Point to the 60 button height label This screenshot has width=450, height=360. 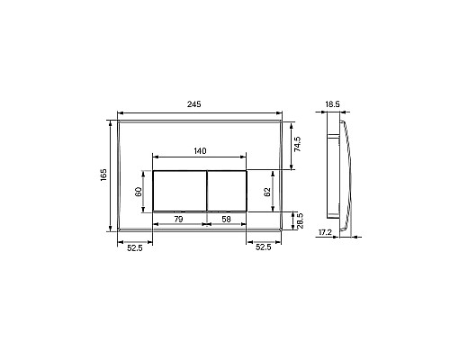139,191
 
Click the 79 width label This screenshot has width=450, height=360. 178,219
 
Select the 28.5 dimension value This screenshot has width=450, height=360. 300,220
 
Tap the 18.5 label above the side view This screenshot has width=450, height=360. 332,104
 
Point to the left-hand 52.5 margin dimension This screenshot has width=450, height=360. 134,246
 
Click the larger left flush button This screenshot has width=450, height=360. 179,191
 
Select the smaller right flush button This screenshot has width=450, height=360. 227,191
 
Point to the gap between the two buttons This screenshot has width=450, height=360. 207,191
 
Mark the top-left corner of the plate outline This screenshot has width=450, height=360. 117,117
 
